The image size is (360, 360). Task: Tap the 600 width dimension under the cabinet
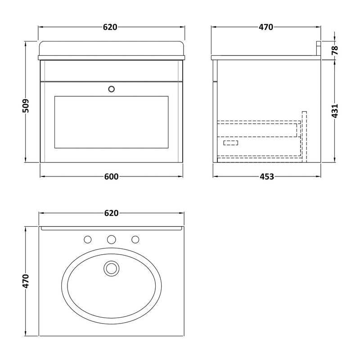[x=111, y=177]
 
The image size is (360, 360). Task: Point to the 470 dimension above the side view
[x=265, y=27]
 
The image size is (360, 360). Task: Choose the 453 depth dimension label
[x=266, y=177]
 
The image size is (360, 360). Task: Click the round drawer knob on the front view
[x=111, y=89]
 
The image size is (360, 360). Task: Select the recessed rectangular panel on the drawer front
[x=111, y=121]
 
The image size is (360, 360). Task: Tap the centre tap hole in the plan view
[x=111, y=238]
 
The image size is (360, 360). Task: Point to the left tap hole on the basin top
[x=88, y=238]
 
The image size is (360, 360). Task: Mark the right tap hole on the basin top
[x=134, y=238]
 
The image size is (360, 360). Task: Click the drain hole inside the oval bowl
[x=111, y=269]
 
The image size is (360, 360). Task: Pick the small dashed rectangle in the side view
[x=231, y=143]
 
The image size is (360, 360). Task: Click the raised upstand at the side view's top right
[x=319, y=49]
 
